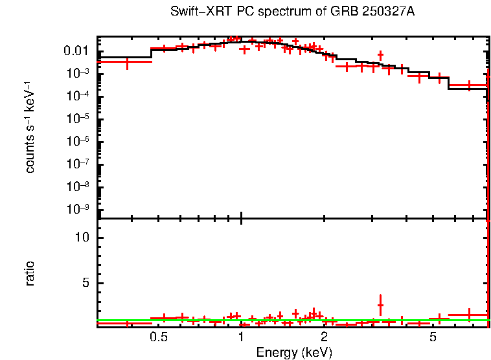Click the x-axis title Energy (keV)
pyautogui.click(x=294, y=352)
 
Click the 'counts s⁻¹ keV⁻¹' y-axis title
pyautogui.click(x=30, y=128)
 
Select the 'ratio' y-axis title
pyautogui.click(x=30, y=273)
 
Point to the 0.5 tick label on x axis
pyautogui.click(x=159, y=337)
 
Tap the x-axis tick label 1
pyautogui.click(x=241, y=337)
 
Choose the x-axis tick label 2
pyautogui.click(x=324, y=337)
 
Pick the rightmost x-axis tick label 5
pyautogui.click(x=433, y=337)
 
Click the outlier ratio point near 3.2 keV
pyautogui.click(x=380, y=305)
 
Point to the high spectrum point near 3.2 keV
pyautogui.click(x=380, y=55)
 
